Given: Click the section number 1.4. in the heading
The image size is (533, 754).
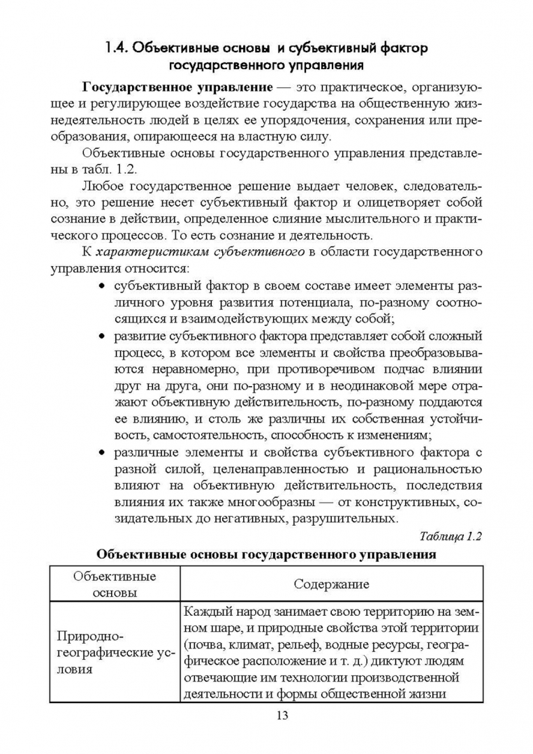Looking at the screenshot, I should point(116,48).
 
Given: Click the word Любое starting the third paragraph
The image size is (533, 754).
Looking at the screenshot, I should point(103,186).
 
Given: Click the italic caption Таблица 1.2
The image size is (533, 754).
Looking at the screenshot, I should point(451,536).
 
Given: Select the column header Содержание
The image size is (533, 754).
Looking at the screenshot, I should point(331,584).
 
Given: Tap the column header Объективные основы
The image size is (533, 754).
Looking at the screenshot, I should point(114,584).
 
